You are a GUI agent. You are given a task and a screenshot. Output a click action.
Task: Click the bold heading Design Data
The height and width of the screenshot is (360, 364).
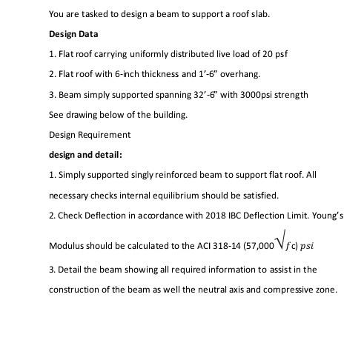[73, 34]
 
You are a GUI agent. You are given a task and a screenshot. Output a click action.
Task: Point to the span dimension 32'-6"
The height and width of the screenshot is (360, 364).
[196, 94]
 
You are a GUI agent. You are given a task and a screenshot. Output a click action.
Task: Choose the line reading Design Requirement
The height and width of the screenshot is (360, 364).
[90, 135]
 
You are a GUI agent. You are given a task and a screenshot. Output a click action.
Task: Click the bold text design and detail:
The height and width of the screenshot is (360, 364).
[85, 155]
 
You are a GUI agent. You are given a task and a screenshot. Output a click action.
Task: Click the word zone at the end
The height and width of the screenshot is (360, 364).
[324, 290]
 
